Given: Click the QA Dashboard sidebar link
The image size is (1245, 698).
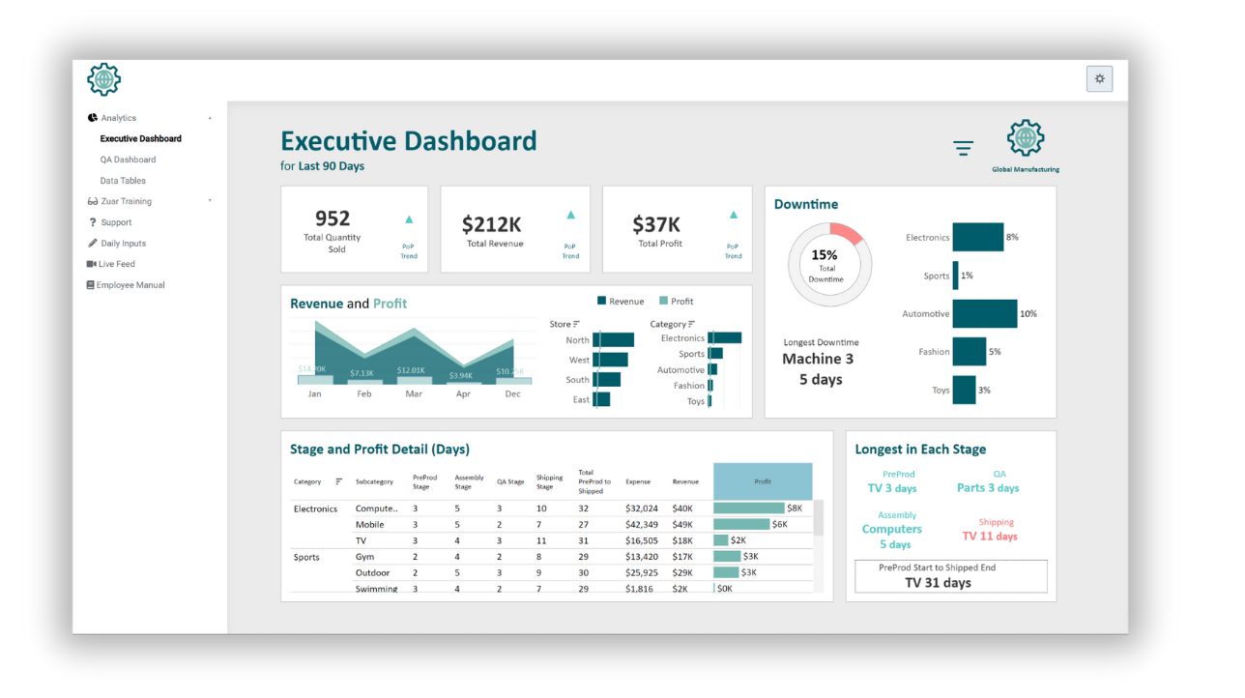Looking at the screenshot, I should pos(128,160).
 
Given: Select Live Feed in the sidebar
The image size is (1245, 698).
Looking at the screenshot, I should pos(116,264).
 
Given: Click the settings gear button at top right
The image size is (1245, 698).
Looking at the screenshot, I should pos(1099,79).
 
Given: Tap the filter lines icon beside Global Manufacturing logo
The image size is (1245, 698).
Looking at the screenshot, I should pos(963,148).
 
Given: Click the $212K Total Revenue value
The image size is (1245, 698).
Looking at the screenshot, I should pos(491,224).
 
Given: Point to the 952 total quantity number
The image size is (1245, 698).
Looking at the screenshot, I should pos(333,218).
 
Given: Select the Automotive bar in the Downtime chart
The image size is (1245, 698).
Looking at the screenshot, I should pos(984,313).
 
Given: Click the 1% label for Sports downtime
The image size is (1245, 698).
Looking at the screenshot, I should pos(967,276).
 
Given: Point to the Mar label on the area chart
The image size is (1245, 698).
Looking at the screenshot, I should pos(414,394).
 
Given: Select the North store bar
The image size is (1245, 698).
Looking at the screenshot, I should pos(613,340).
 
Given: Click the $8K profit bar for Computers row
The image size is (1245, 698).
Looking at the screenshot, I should pos(749,509).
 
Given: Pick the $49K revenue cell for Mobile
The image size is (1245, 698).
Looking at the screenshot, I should pos(682,525).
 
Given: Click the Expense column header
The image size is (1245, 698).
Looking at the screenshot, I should pos(638,481).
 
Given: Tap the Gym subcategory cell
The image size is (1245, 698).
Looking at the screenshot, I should pos(364,557).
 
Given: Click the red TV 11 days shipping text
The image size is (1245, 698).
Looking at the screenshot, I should pos(990,537).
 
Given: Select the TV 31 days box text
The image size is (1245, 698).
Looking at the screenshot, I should pos(938,583).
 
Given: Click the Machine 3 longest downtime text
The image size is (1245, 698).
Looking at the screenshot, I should pos(818,359).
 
